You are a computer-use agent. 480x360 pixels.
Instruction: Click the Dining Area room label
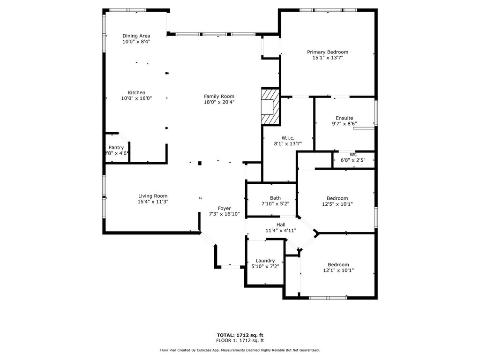[136, 36]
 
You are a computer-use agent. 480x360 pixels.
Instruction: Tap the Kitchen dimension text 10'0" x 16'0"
[136, 98]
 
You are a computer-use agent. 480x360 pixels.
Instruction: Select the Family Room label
[219, 97]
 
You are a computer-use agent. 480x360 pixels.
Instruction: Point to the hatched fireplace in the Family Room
[270, 106]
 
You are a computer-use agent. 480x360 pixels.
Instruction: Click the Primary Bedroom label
[328, 52]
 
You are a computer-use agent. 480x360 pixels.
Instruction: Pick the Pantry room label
[116, 148]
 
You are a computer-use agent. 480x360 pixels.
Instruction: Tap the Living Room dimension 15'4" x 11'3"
[153, 202]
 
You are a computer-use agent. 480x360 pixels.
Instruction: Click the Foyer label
[225, 209]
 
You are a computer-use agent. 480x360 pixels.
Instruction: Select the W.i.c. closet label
[288, 138]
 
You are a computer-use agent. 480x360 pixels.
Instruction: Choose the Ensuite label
[345, 118]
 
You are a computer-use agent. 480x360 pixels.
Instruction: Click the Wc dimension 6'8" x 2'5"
[353, 160]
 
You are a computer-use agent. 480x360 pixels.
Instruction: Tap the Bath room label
[275, 198]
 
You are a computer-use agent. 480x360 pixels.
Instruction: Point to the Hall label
[281, 225]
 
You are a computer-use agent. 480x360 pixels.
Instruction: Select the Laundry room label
[265, 261]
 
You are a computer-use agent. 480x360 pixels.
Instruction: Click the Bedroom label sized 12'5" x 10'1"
[337, 198]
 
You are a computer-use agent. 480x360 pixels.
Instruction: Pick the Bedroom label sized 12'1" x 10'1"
[338, 265]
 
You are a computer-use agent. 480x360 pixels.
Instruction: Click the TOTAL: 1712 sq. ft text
[240, 335]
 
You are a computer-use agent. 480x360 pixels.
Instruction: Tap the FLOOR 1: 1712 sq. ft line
[240, 340]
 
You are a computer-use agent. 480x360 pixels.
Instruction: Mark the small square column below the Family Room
[200, 163]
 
